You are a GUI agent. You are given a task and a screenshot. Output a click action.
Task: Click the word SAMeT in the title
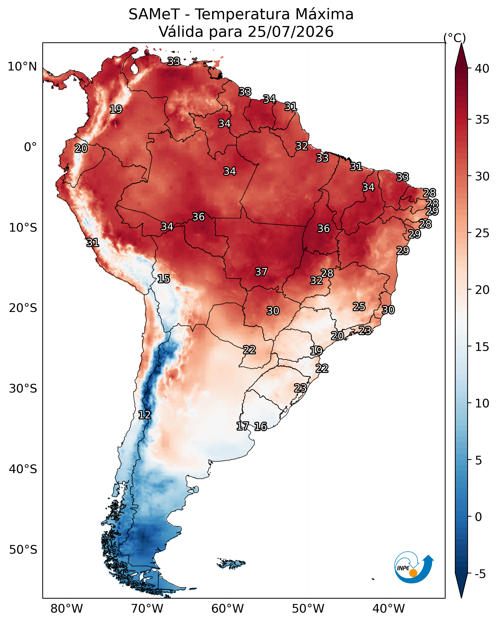pos(154,14)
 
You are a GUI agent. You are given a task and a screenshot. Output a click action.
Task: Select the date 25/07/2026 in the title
pos(291,32)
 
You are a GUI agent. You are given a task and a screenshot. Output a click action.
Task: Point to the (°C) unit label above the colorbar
pos(454,38)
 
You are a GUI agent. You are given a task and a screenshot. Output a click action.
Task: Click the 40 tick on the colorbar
pos(482,69)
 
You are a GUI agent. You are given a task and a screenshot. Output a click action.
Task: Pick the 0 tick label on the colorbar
pos(478,517)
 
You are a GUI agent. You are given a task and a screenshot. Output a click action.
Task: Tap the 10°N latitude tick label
pos(22,67)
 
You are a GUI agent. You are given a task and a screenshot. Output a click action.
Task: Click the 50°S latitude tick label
pos(23,550)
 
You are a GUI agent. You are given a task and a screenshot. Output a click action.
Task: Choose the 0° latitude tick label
pos(30,147)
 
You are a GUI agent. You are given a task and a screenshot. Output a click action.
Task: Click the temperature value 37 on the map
pos(261,272)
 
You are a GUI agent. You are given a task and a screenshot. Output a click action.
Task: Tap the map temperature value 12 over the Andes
pos(145,415)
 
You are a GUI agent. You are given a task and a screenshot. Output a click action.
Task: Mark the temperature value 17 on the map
pos(243,426)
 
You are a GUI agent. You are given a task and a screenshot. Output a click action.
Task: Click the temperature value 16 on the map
pos(260,426)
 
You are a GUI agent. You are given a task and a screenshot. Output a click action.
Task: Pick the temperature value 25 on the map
pos(359,307)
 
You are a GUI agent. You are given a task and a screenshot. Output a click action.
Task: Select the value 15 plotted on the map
pos(164,279)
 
